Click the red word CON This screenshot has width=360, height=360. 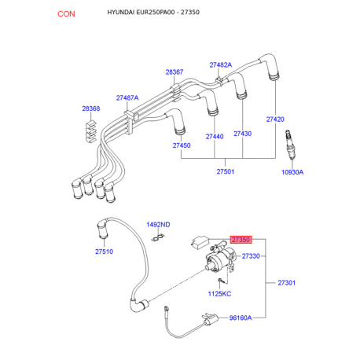(66, 14)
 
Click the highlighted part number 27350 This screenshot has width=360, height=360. (241, 240)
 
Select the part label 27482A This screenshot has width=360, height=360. (221, 64)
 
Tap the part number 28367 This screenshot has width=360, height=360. (174, 72)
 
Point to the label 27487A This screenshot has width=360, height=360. (127, 97)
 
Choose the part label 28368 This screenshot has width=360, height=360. (91, 108)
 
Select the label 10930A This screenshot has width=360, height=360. (292, 172)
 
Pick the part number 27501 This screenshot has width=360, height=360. (226, 171)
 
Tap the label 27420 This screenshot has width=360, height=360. (275, 119)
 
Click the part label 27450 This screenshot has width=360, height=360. (182, 145)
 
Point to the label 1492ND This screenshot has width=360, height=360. (158, 225)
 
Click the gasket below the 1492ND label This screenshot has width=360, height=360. (158, 237)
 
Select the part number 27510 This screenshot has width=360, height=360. (104, 252)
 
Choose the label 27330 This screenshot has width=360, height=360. (251, 255)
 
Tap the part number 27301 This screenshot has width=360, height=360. (287, 283)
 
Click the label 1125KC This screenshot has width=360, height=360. (219, 294)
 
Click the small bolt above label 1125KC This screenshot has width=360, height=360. (221, 281)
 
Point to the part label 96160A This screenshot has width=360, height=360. (241, 318)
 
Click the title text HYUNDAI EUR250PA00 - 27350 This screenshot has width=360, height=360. (153, 13)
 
